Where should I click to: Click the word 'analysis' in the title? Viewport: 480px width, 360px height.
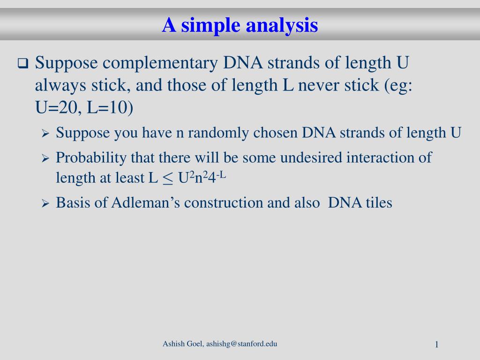pyautogui.click(x=282, y=25)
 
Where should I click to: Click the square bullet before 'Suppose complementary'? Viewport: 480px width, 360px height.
pyautogui.click(x=23, y=63)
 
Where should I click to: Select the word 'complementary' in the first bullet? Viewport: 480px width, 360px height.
pyautogui.click(x=160, y=63)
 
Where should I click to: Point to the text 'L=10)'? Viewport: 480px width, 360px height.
pyautogui.click(x=110, y=107)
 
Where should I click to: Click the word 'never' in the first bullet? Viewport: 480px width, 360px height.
pyautogui.click(x=319, y=85)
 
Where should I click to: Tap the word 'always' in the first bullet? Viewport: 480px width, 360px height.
pyautogui.click(x=60, y=86)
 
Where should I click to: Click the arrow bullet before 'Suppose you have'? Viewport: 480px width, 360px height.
pyautogui.click(x=45, y=134)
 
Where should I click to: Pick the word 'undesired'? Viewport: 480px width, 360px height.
pyautogui.click(x=311, y=157)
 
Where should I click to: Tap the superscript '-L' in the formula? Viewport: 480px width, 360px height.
pyautogui.click(x=221, y=175)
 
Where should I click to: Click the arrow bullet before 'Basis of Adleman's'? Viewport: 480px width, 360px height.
pyautogui.click(x=45, y=203)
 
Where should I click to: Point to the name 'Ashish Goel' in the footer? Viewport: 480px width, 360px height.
pyautogui.click(x=183, y=344)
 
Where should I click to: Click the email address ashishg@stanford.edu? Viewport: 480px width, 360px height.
pyautogui.click(x=241, y=344)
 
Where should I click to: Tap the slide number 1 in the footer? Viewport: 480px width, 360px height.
pyautogui.click(x=437, y=345)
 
